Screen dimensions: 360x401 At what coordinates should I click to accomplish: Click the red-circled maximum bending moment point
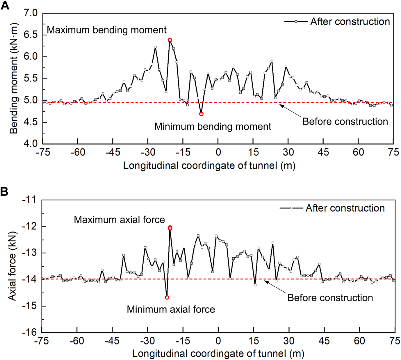[x=170, y=40]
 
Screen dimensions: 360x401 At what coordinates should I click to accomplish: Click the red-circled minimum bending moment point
[x=201, y=114]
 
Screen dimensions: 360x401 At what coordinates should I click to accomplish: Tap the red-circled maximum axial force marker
[x=170, y=228]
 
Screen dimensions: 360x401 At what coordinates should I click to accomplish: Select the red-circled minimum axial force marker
[x=167, y=297]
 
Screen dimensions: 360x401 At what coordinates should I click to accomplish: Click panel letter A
[x=5, y=6]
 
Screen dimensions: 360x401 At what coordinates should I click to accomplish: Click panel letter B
[x=4, y=192]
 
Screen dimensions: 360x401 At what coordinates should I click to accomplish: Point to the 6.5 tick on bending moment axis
[x=31, y=35]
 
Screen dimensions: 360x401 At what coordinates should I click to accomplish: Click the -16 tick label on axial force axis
[x=30, y=332]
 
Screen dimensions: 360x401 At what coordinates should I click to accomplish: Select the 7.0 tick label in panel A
[x=31, y=13]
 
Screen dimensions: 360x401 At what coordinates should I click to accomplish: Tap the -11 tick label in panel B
[x=30, y=200]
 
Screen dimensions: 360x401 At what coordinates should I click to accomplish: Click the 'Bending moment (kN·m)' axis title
[x=14, y=79]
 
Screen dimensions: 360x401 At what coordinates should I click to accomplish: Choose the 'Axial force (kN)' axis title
[x=12, y=266]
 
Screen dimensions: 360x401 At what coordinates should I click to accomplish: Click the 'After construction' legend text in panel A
[x=350, y=22]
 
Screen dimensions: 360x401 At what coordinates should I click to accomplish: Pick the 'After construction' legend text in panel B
[x=345, y=208]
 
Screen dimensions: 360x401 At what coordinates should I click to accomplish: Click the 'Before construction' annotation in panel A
[x=345, y=122]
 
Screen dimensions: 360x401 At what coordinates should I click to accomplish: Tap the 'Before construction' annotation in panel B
[x=330, y=298]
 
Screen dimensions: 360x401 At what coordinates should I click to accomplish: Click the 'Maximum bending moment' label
[x=107, y=30]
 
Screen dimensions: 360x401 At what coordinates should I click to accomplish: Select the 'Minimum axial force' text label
[x=171, y=309]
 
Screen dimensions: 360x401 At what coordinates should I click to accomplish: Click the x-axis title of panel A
[x=209, y=166]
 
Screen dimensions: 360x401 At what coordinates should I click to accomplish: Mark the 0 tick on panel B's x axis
[x=218, y=341]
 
